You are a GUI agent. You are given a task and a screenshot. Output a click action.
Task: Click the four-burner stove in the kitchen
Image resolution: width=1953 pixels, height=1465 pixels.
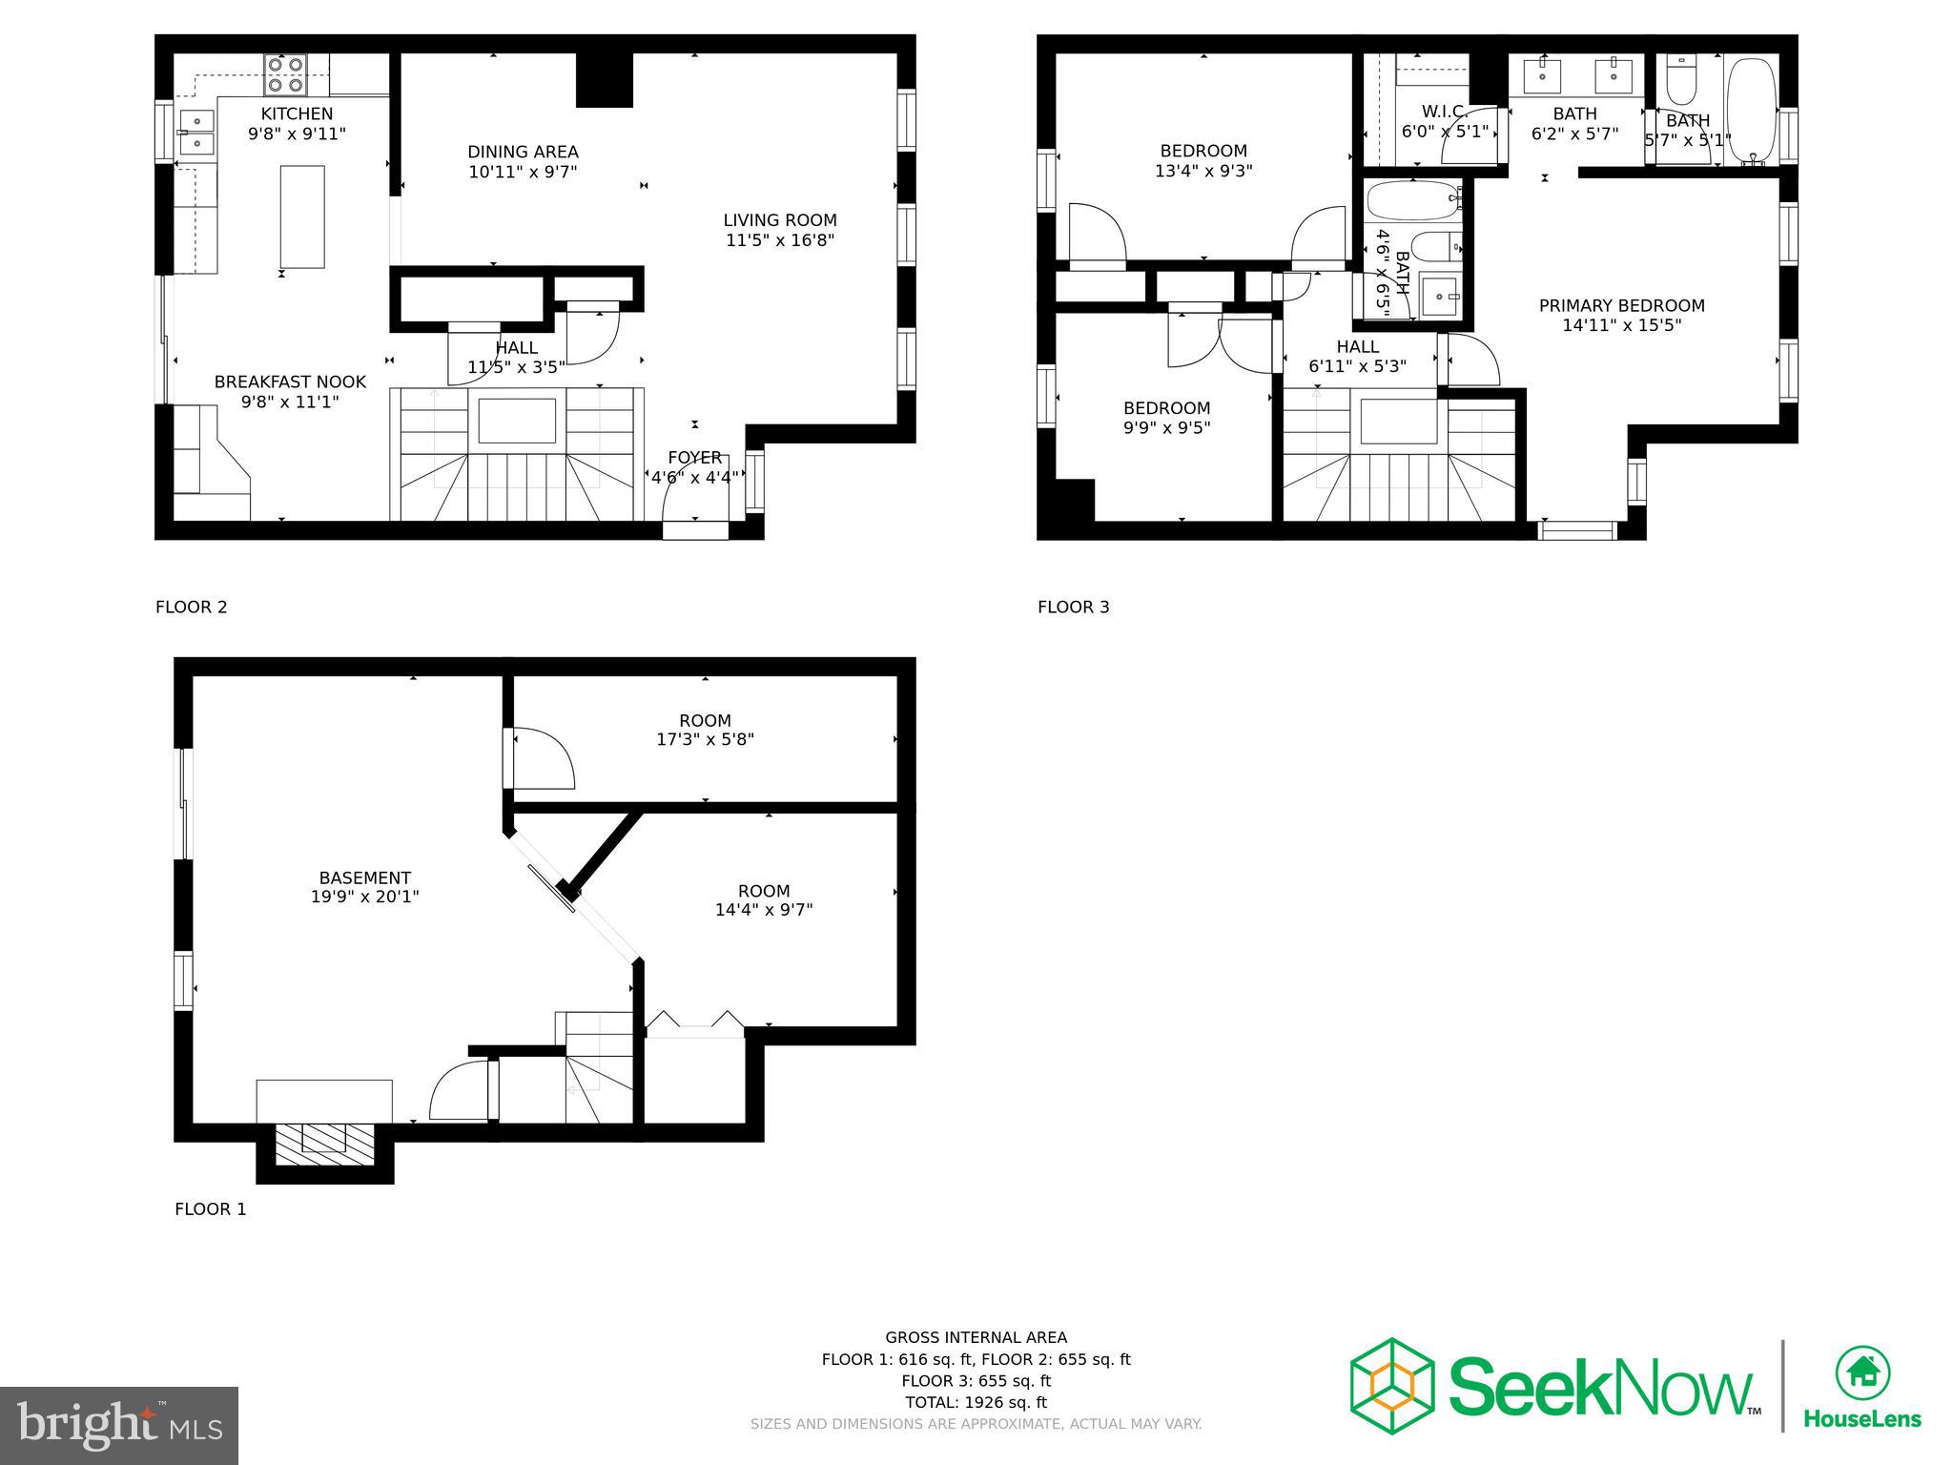pyautogui.click(x=285, y=74)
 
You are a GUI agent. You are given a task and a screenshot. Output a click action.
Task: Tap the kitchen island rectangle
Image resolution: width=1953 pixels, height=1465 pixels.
pyautogui.click(x=301, y=217)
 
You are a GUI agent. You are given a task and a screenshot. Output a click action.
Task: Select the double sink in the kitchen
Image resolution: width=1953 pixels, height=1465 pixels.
pyautogui.click(x=196, y=133)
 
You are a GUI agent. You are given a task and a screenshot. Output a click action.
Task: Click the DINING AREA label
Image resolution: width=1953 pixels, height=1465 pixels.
pyautogui.click(x=523, y=152)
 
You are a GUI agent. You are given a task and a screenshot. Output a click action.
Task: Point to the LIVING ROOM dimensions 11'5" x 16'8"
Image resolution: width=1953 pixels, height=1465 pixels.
pyautogui.click(x=779, y=240)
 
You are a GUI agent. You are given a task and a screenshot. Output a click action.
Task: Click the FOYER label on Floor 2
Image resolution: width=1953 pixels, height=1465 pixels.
pyautogui.click(x=694, y=458)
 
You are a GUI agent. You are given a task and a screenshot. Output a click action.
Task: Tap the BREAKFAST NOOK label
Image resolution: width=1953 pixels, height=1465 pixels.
pyautogui.click(x=290, y=382)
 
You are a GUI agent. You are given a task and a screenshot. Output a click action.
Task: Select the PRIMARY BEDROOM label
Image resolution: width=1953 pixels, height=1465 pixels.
pyautogui.click(x=1621, y=305)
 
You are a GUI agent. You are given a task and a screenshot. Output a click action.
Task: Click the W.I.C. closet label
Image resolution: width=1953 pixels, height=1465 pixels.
pyautogui.click(x=1444, y=112)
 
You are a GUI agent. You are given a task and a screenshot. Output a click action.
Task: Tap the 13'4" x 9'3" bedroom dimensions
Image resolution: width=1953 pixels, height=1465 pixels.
pyautogui.click(x=1203, y=172)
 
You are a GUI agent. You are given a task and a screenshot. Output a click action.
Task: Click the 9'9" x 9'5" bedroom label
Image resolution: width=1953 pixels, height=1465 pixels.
pyautogui.click(x=1166, y=408)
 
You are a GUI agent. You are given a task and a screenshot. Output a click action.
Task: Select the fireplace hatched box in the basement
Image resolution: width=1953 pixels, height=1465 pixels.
pyautogui.click(x=324, y=1144)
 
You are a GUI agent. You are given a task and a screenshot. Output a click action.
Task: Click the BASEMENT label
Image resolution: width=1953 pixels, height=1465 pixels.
pyautogui.click(x=364, y=877)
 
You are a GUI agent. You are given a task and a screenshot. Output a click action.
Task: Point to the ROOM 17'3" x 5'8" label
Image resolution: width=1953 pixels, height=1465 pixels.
pyautogui.click(x=705, y=721)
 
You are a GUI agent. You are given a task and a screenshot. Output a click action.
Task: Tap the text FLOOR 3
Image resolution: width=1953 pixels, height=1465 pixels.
pyautogui.click(x=1073, y=607)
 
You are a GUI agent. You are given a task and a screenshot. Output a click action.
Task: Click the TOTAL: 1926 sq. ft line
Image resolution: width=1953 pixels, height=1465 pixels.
pyautogui.click(x=976, y=1402)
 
